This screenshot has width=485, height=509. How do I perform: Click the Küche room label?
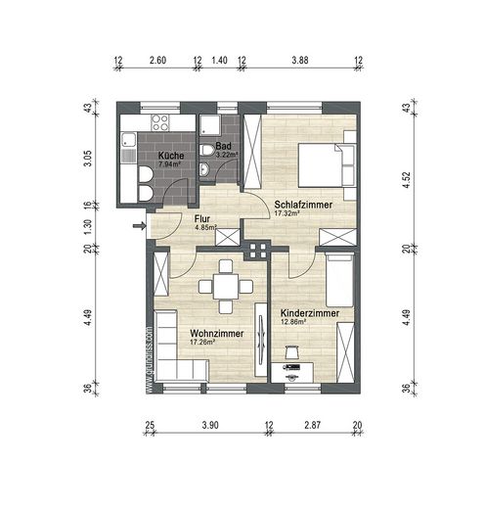tap(171, 156)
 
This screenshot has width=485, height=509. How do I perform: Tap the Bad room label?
tap(224, 146)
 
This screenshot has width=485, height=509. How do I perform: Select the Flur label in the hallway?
tap(203, 219)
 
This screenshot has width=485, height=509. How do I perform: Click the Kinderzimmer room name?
tap(309, 310)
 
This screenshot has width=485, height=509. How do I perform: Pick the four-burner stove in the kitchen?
tap(158, 122)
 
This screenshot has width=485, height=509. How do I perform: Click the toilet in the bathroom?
tap(206, 150)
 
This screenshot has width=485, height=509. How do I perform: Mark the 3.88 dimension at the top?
tap(298, 60)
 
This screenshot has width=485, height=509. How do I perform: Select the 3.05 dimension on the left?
tap(87, 160)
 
